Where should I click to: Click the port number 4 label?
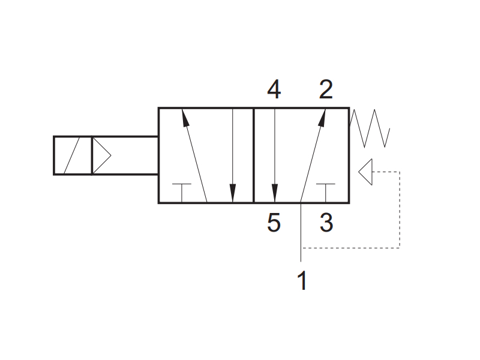[274, 89]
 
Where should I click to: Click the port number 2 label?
[326, 89]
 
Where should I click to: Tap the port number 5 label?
[274, 223]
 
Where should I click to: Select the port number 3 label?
[326, 223]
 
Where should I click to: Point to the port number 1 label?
[302, 280]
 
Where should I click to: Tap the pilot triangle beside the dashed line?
[365, 172]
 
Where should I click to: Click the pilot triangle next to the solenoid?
[101, 155]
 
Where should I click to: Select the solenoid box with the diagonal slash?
[73, 155]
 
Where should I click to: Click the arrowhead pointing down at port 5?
[275, 193]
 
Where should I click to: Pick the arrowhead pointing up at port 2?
[322, 118]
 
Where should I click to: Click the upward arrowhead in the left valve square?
[185, 118]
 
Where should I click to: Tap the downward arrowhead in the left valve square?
[233, 193]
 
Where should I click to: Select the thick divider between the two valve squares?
[254, 155]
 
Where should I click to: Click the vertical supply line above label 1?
[301, 232]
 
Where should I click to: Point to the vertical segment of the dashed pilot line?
[400, 210]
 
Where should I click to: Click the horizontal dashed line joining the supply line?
[350, 248]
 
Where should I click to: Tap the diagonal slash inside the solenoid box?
[71, 155]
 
